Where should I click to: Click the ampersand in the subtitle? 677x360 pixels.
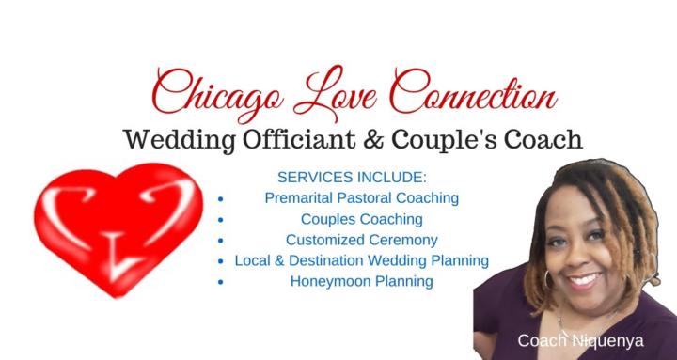[377, 140]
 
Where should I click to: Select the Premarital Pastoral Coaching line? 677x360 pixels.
[361, 198]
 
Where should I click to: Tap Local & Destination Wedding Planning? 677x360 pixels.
[361, 260]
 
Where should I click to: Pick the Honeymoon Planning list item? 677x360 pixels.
[361, 281]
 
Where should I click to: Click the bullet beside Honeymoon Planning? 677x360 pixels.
[220, 282]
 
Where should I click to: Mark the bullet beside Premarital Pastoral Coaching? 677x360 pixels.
[220, 199]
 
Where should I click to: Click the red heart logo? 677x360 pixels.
[118, 231]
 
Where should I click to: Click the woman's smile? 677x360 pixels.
[584, 279]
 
